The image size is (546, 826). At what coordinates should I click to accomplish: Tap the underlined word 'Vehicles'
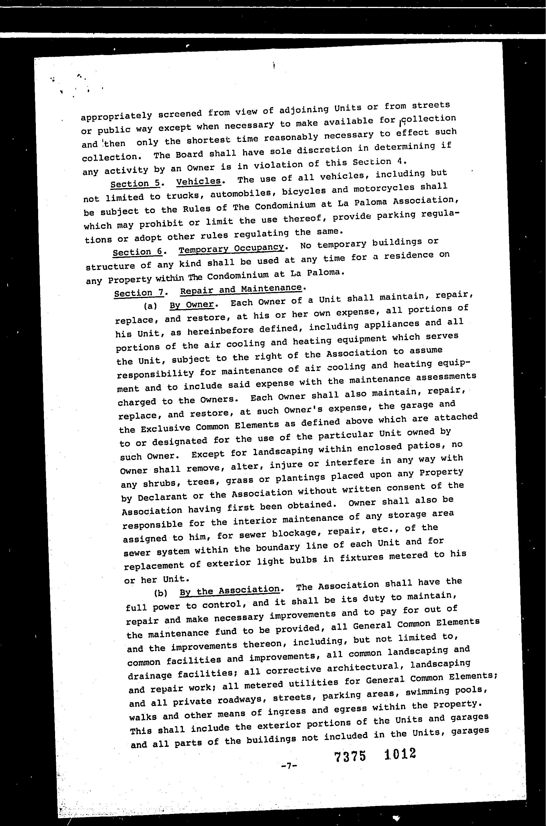(198, 181)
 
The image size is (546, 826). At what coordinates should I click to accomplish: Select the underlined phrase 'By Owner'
(192, 305)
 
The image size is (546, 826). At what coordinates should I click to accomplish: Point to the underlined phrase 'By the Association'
(229, 590)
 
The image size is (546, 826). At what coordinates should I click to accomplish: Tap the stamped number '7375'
(350, 756)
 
